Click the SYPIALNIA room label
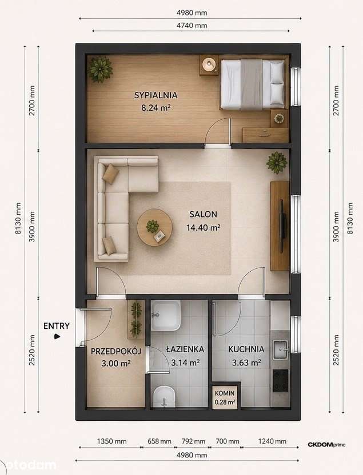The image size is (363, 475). coord(155,95)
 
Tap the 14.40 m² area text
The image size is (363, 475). coord(203,227)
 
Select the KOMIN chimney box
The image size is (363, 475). coord(225,397)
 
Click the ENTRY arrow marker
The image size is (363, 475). coord(57,336)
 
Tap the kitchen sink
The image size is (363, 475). coord(280,349)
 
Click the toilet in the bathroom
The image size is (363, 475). coord(164,396)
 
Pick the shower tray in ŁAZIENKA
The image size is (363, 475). coord(166,315)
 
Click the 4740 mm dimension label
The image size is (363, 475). coord(192,26)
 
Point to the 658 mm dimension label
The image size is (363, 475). coord(159,441)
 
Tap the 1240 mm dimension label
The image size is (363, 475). coord(272,441)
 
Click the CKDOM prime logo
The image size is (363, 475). coord(326,445)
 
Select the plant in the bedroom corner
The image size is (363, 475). coord(100,69)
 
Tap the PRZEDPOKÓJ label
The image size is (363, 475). coord(116,352)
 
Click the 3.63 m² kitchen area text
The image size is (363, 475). coord(246,363)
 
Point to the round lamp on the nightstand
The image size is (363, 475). coord(209,64)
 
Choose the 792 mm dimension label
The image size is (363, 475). coord(193,441)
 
